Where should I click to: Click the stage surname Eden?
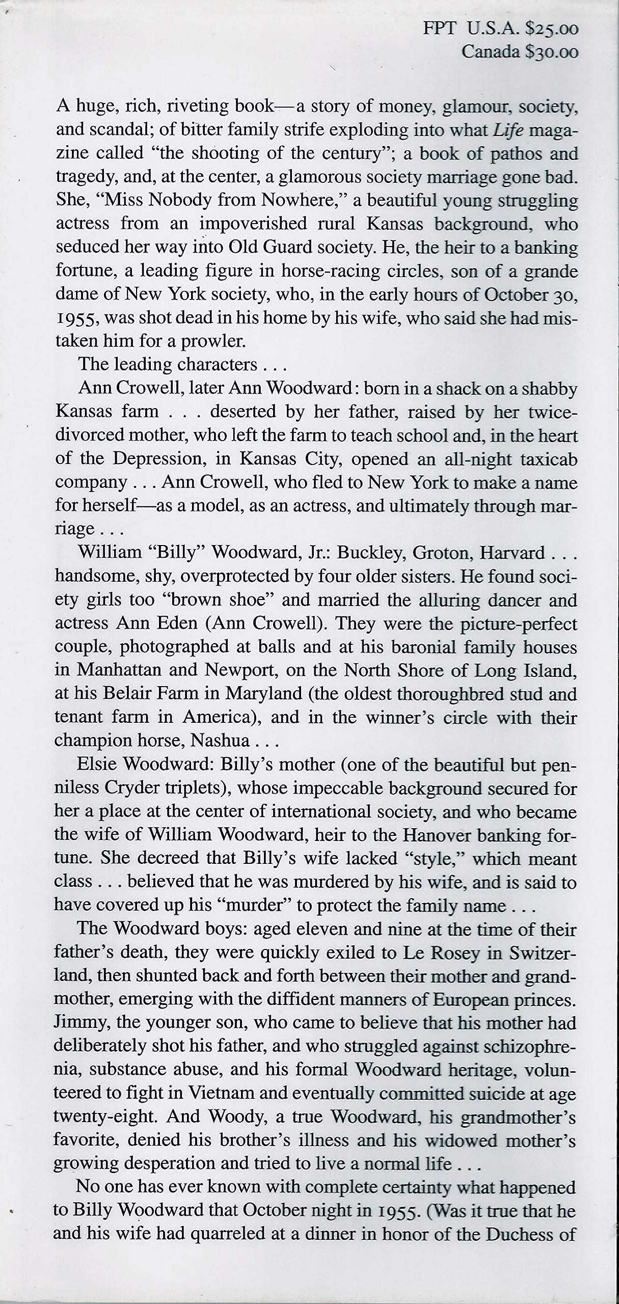tap(199, 623)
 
